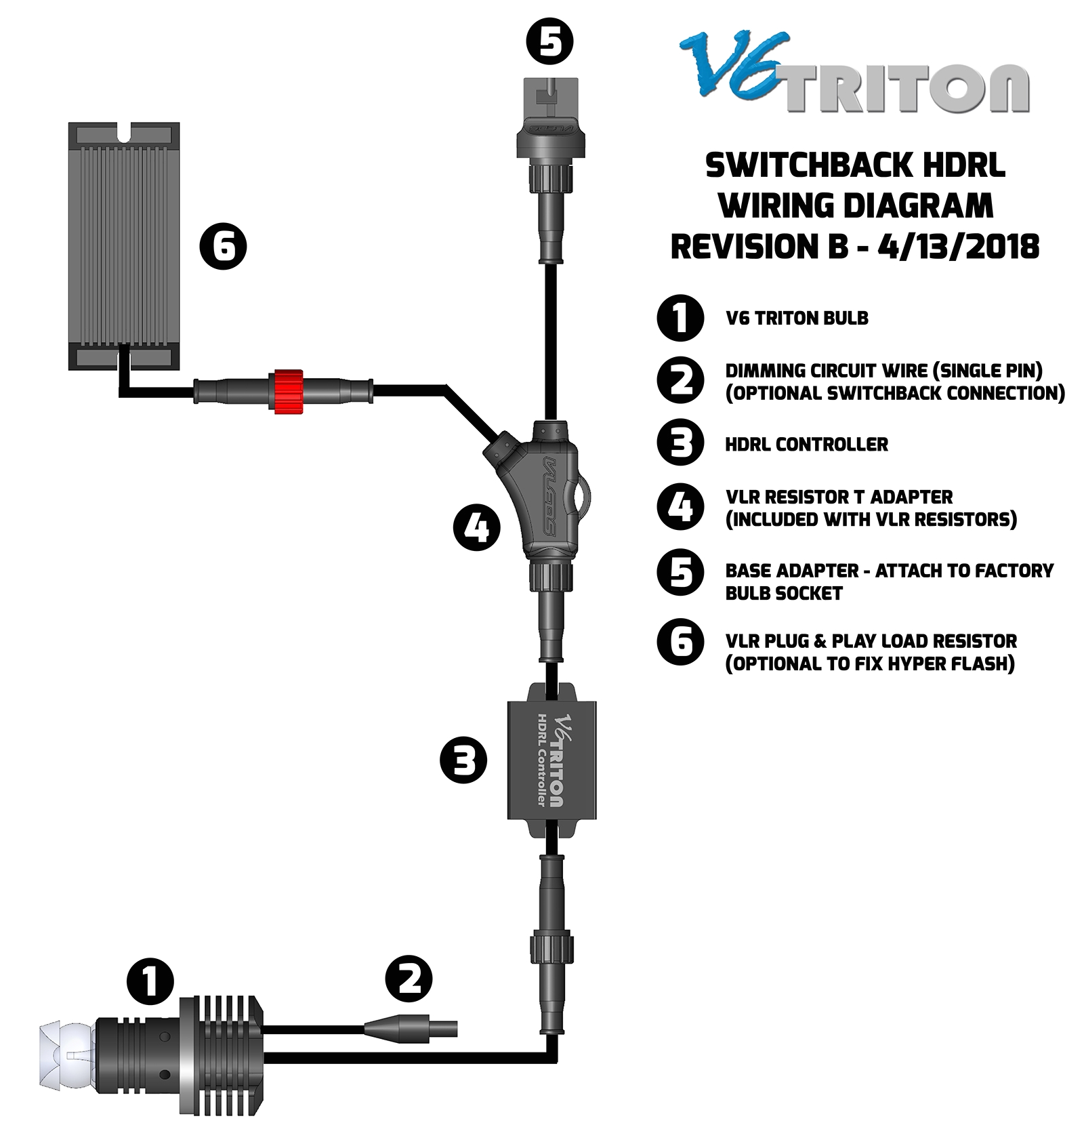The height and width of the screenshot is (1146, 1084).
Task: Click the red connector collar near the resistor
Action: click(287, 392)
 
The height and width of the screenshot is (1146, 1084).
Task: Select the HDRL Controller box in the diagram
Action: click(551, 760)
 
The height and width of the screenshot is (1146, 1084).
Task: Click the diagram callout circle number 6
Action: click(223, 246)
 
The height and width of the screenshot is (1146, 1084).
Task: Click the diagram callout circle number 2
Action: click(409, 979)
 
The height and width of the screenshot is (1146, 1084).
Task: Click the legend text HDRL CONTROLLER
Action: click(806, 445)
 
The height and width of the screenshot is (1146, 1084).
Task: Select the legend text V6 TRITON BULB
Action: click(797, 318)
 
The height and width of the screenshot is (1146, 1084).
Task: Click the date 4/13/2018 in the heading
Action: click(957, 246)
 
